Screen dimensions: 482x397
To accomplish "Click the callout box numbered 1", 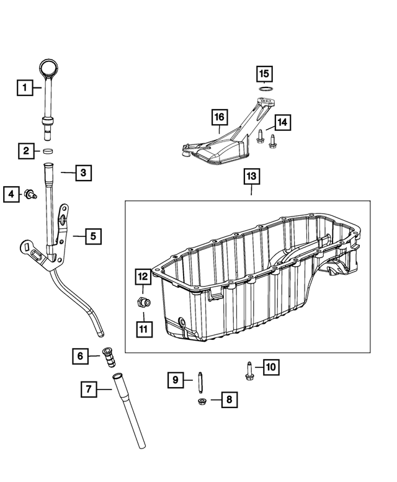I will pos(24,87).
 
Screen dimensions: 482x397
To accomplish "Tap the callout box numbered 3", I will pos(84,172).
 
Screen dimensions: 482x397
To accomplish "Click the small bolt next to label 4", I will pos(29,195).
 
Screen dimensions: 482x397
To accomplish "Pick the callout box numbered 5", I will pos(92,236).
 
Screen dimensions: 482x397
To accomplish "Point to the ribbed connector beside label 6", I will pos(107,357).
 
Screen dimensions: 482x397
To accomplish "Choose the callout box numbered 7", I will pos(89,390).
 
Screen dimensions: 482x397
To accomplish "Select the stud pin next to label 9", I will pos(201,379).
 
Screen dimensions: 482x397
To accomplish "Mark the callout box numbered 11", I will pos(143,328).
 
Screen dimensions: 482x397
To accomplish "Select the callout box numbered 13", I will pos(251,177).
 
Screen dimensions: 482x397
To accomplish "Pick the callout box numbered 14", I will pos(282,123).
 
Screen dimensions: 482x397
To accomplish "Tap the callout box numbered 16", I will pos(218,117).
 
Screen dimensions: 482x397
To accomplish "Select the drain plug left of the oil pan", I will pos(142,302).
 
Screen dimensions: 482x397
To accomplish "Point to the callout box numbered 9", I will pos(176,379).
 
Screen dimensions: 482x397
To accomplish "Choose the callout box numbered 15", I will pos(265,74).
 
